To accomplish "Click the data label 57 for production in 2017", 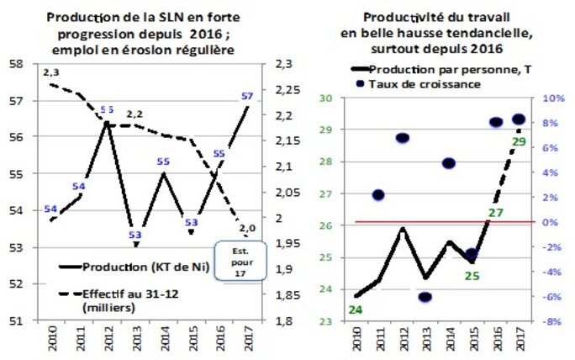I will (x=246, y=96).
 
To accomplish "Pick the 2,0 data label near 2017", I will (x=246, y=228).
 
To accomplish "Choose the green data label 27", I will (x=495, y=212).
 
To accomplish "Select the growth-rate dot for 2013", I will (x=425, y=297).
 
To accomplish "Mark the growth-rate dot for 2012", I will (x=403, y=138).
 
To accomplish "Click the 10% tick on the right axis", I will (x=551, y=98).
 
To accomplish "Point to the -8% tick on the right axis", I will (x=551, y=320).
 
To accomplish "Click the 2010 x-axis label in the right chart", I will (x=356, y=340).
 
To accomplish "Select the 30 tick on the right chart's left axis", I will (x=327, y=98).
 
